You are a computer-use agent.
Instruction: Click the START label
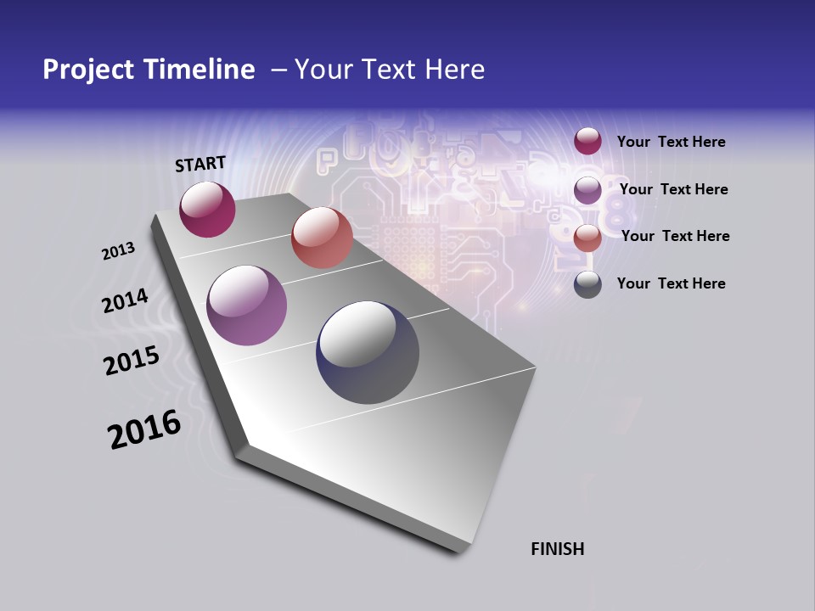200,164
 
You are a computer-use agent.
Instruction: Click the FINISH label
558,549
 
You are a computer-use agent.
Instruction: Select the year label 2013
118,251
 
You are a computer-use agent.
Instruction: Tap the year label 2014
125,301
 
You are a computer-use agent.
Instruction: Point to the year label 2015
132,361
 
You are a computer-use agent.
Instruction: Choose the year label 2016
144,429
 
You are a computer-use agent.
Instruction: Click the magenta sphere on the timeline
207,210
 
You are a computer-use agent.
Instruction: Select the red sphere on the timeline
322,238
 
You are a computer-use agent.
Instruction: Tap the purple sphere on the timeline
247,305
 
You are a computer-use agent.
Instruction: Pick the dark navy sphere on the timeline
368,352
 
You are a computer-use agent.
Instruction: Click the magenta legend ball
587,142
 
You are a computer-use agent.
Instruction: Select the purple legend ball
587,190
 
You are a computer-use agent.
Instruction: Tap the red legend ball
587,238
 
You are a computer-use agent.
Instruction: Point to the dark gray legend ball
587,284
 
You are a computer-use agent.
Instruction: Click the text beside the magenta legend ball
671,143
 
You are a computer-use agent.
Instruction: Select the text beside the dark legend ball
671,283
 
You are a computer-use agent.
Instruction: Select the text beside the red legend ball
675,236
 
